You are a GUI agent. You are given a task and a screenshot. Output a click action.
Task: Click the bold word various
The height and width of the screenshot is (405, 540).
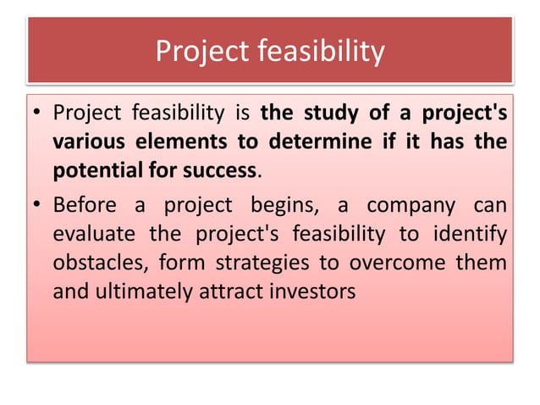click(x=87, y=141)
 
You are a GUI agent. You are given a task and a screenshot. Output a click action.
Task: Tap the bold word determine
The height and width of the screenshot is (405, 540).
click(x=319, y=141)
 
